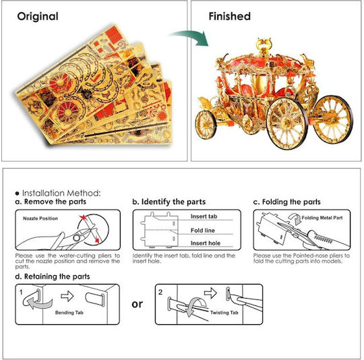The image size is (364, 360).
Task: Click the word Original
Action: [x=38, y=16]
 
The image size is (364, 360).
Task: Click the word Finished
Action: [x=230, y=16]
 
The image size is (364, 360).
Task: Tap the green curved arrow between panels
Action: [x=190, y=37]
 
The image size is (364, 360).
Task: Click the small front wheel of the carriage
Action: [x=206, y=125]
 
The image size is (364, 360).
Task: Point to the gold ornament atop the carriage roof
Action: [x=264, y=46]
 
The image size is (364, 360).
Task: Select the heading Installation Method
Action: [x=61, y=193]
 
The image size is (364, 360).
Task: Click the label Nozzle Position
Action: [x=40, y=218]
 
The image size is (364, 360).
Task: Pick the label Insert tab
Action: [x=204, y=216]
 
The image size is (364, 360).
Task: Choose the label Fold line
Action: [x=203, y=231]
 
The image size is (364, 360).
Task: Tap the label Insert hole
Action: [x=206, y=243]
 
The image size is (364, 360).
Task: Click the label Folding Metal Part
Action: [x=322, y=218]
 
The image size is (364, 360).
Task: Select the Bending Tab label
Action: [x=69, y=313]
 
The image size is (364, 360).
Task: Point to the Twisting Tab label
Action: [x=224, y=313]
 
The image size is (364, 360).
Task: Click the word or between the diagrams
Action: [x=138, y=304]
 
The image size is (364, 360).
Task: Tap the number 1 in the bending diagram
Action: [x=21, y=292]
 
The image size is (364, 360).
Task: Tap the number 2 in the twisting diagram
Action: [x=160, y=292]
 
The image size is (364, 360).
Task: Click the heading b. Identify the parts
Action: [x=169, y=202]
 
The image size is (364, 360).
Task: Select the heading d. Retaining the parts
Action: [x=53, y=276]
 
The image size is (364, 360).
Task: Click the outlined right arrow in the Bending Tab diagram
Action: [x=67, y=296]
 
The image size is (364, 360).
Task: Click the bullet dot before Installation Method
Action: [x=17, y=193]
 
